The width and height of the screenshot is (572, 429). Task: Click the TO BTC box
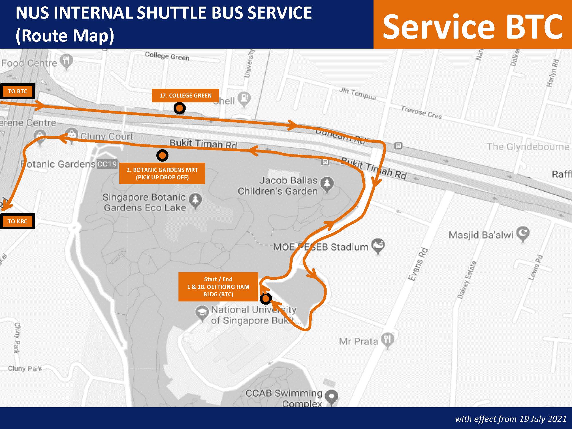point(17,91)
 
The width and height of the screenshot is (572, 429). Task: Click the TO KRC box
point(17,221)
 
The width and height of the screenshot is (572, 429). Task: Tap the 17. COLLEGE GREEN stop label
point(185,96)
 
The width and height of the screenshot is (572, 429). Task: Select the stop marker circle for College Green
point(179,108)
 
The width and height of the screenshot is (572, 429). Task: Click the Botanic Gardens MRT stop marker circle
point(162,155)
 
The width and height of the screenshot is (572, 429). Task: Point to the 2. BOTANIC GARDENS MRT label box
point(162,174)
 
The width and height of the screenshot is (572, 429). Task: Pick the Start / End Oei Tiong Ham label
point(218,287)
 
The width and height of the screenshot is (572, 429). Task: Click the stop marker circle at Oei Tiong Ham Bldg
point(266,299)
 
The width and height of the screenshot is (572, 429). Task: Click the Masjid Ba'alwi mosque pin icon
point(523,234)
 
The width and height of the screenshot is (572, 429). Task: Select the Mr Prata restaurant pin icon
point(388,340)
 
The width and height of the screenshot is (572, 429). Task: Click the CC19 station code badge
point(107,164)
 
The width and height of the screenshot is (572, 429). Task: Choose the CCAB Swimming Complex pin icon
point(331,397)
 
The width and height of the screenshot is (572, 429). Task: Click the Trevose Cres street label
point(421,112)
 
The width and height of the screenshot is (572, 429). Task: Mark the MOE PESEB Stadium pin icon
point(378,246)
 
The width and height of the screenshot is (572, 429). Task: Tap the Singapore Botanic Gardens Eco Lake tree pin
point(196,200)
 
